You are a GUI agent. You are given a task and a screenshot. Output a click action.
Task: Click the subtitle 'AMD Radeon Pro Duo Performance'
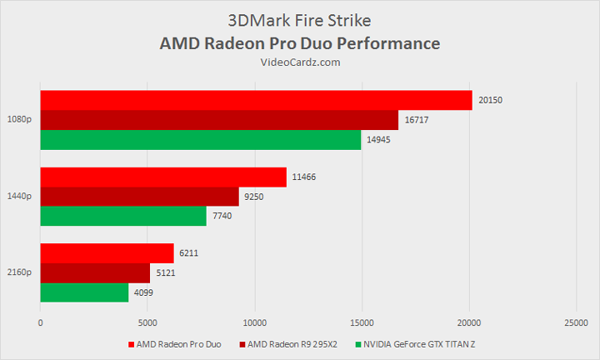[x=299, y=42]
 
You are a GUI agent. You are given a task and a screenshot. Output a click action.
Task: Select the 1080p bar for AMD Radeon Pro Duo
[x=256, y=100]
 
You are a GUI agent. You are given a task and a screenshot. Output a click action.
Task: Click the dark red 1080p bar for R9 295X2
[x=219, y=120]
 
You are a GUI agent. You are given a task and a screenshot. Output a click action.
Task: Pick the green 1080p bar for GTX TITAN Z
[x=200, y=139]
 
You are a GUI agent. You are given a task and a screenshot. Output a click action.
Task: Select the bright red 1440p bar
[x=163, y=177]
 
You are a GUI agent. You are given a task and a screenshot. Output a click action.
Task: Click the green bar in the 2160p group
[x=84, y=292]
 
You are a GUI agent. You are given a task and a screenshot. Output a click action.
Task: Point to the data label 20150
[x=491, y=100]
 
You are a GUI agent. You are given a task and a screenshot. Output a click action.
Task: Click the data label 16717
[x=417, y=120]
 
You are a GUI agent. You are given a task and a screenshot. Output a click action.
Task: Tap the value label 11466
[x=304, y=177]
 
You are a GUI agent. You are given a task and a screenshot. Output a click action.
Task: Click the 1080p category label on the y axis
[x=20, y=120]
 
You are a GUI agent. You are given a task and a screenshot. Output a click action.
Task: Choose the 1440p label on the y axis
[x=20, y=197]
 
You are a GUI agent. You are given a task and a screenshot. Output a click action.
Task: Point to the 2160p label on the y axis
[x=20, y=273]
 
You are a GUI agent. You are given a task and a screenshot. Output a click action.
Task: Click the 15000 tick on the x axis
[x=362, y=322]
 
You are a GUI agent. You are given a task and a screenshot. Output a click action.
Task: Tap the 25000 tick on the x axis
[x=576, y=322]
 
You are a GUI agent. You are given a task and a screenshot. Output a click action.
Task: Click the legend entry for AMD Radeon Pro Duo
[x=175, y=344]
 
